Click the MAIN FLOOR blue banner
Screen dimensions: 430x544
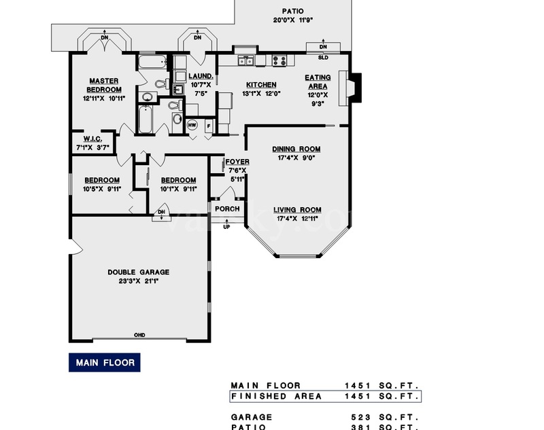coord(105,362)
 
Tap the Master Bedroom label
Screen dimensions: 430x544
coord(104,86)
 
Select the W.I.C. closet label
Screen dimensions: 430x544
coord(92,139)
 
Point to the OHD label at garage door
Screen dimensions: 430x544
coord(139,335)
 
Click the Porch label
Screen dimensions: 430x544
coord(227,209)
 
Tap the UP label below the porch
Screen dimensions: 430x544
coord(227,226)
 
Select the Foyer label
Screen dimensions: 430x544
coord(237,162)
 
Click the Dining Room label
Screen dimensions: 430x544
coord(296,149)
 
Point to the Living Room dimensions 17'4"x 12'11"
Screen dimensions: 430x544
coord(298,219)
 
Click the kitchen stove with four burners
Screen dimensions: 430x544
coord(279,60)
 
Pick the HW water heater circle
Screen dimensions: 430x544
coord(192,125)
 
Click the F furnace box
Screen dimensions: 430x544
coord(207,125)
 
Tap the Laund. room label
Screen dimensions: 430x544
coord(201,76)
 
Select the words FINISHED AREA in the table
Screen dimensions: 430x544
coord(266,397)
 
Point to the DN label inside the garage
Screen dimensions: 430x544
coord(162,212)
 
